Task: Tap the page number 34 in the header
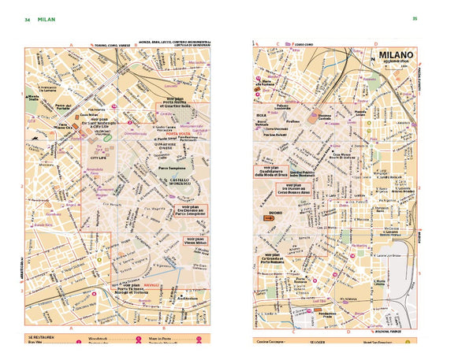[x=28, y=19]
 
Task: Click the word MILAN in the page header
[x=47, y=19]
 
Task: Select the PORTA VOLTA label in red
[x=170, y=132]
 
